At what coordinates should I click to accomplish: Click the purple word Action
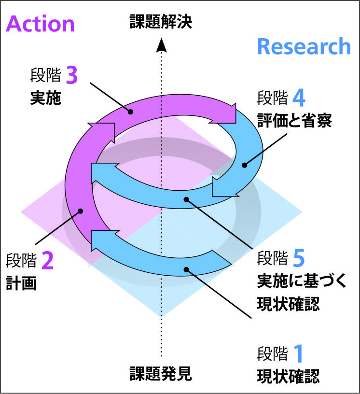[x=40, y=24]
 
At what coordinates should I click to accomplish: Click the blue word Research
[x=304, y=47]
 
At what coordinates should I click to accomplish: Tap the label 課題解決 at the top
[x=161, y=22]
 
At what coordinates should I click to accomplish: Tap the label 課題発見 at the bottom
[x=161, y=373]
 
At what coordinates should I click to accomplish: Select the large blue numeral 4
[x=299, y=98]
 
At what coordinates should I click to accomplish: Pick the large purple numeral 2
[x=47, y=261]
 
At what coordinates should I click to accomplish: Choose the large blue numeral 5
[x=299, y=259]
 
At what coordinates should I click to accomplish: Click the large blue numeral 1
[x=299, y=354]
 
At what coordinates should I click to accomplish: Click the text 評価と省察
[x=294, y=121]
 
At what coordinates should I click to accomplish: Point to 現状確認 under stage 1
[x=288, y=376]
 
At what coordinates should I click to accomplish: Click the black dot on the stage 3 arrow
[x=130, y=112]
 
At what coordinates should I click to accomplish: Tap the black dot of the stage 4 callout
[x=245, y=165]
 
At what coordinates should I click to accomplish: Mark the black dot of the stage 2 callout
[x=82, y=211]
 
